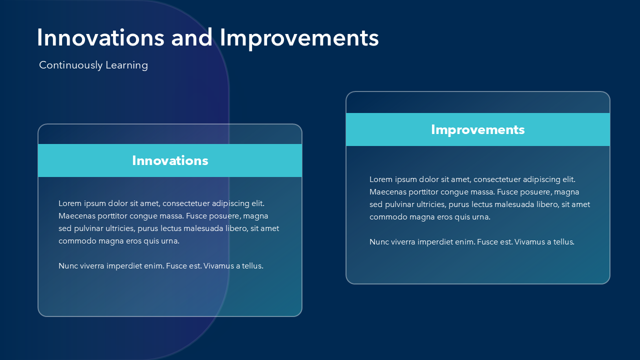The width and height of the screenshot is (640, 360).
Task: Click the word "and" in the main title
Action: (191, 37)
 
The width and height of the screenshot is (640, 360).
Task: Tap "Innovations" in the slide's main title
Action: (100, 37)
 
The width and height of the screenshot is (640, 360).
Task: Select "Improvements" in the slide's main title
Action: (299, 39)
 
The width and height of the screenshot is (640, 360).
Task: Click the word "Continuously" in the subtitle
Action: (71, 65)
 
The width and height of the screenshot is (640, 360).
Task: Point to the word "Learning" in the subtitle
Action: (127, 65)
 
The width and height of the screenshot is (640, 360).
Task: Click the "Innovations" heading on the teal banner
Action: (170, 160)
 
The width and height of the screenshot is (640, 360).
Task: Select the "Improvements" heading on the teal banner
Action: (477, 130)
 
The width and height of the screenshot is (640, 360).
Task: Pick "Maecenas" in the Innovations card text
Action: (76, 216)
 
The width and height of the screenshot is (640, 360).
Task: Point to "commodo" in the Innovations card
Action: (77, 241)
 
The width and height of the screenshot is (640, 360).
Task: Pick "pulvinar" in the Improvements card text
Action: (399, 205)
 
